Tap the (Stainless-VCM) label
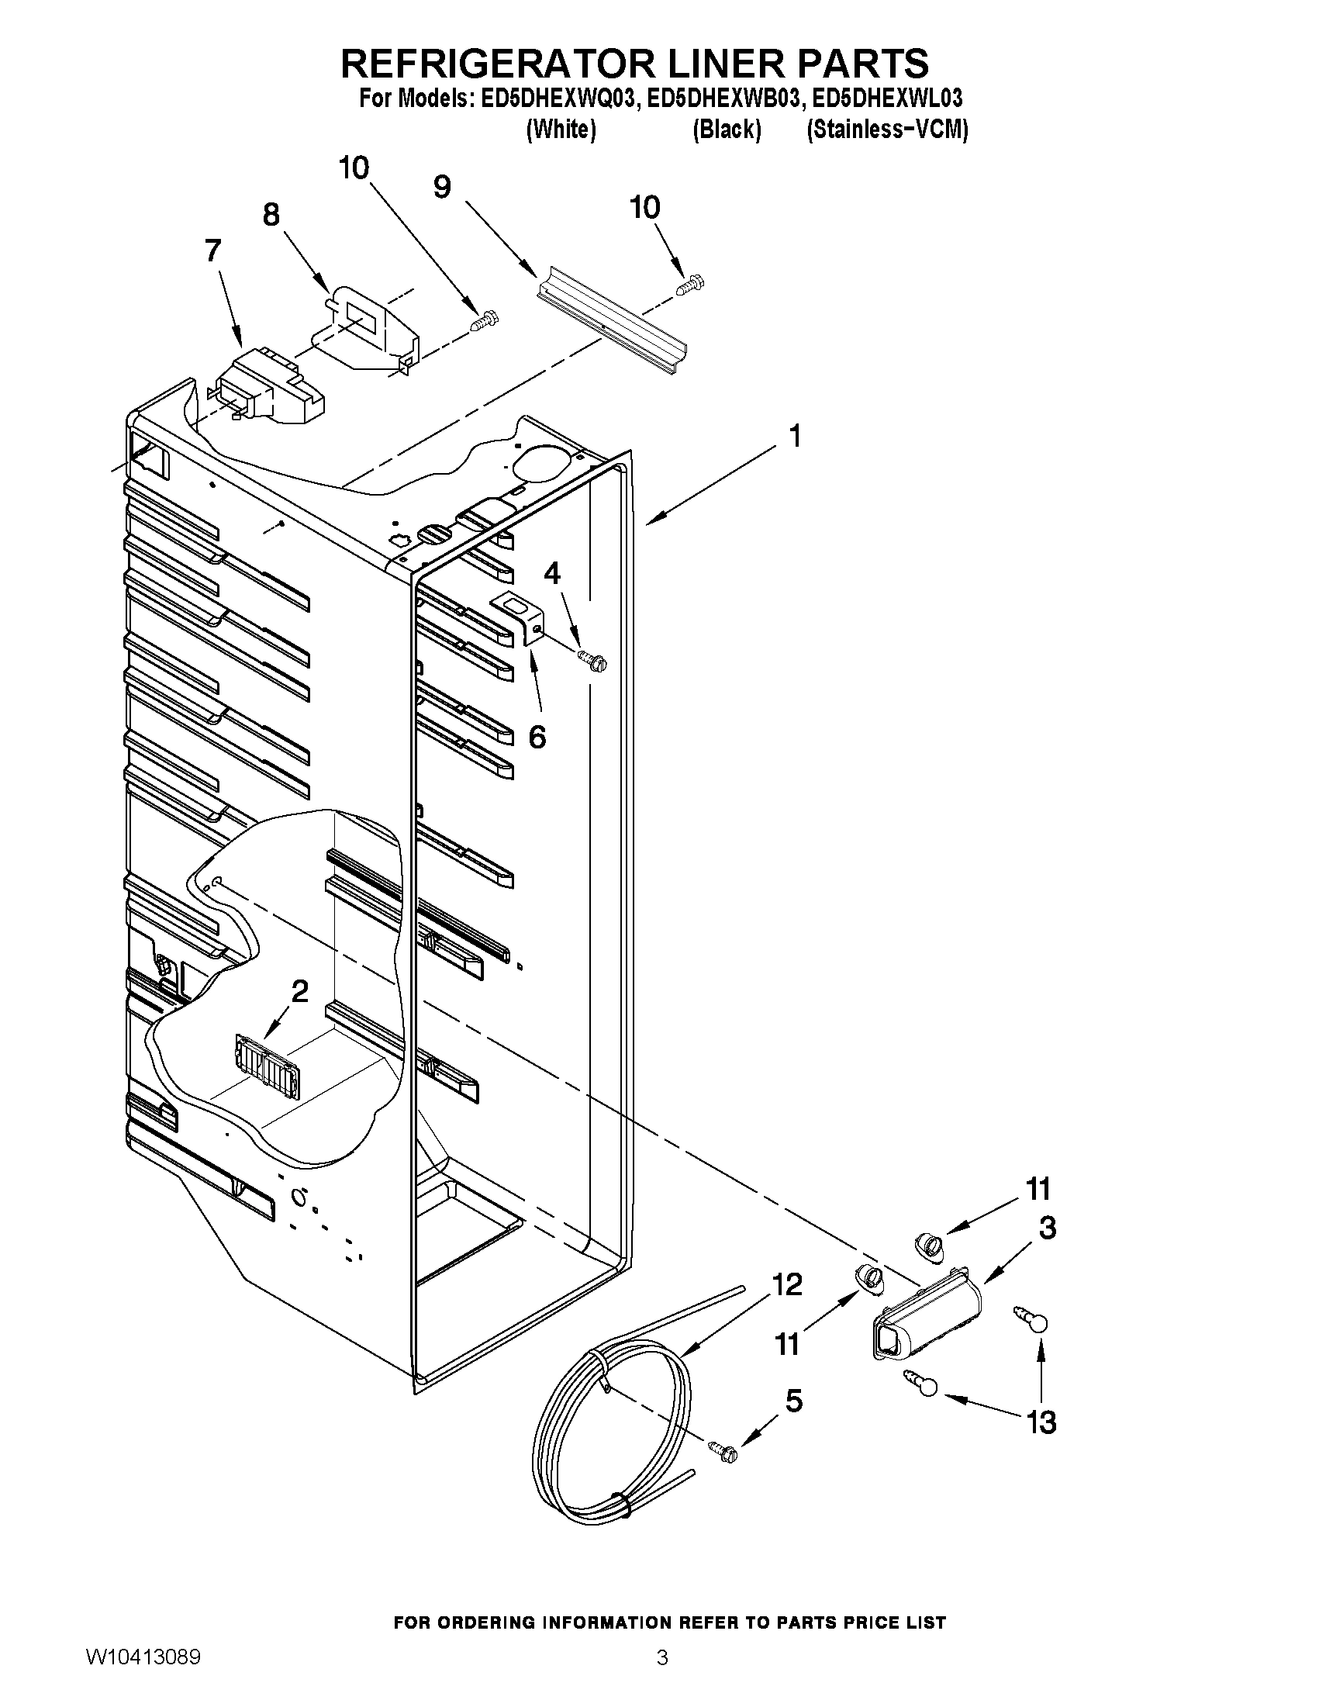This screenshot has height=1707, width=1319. click(x=887, y=129)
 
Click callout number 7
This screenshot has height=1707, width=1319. click(x=212, y=252)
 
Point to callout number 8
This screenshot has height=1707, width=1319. click(x=271, y=214)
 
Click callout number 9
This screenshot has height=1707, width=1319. click(x=442, y=187)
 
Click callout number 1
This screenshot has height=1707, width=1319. click(x=794, y=436)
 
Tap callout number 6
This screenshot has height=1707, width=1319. click(x=537, y=736)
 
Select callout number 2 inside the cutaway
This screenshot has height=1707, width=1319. click(x=299, y=991)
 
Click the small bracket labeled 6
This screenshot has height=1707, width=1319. click(x=520, y=617)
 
